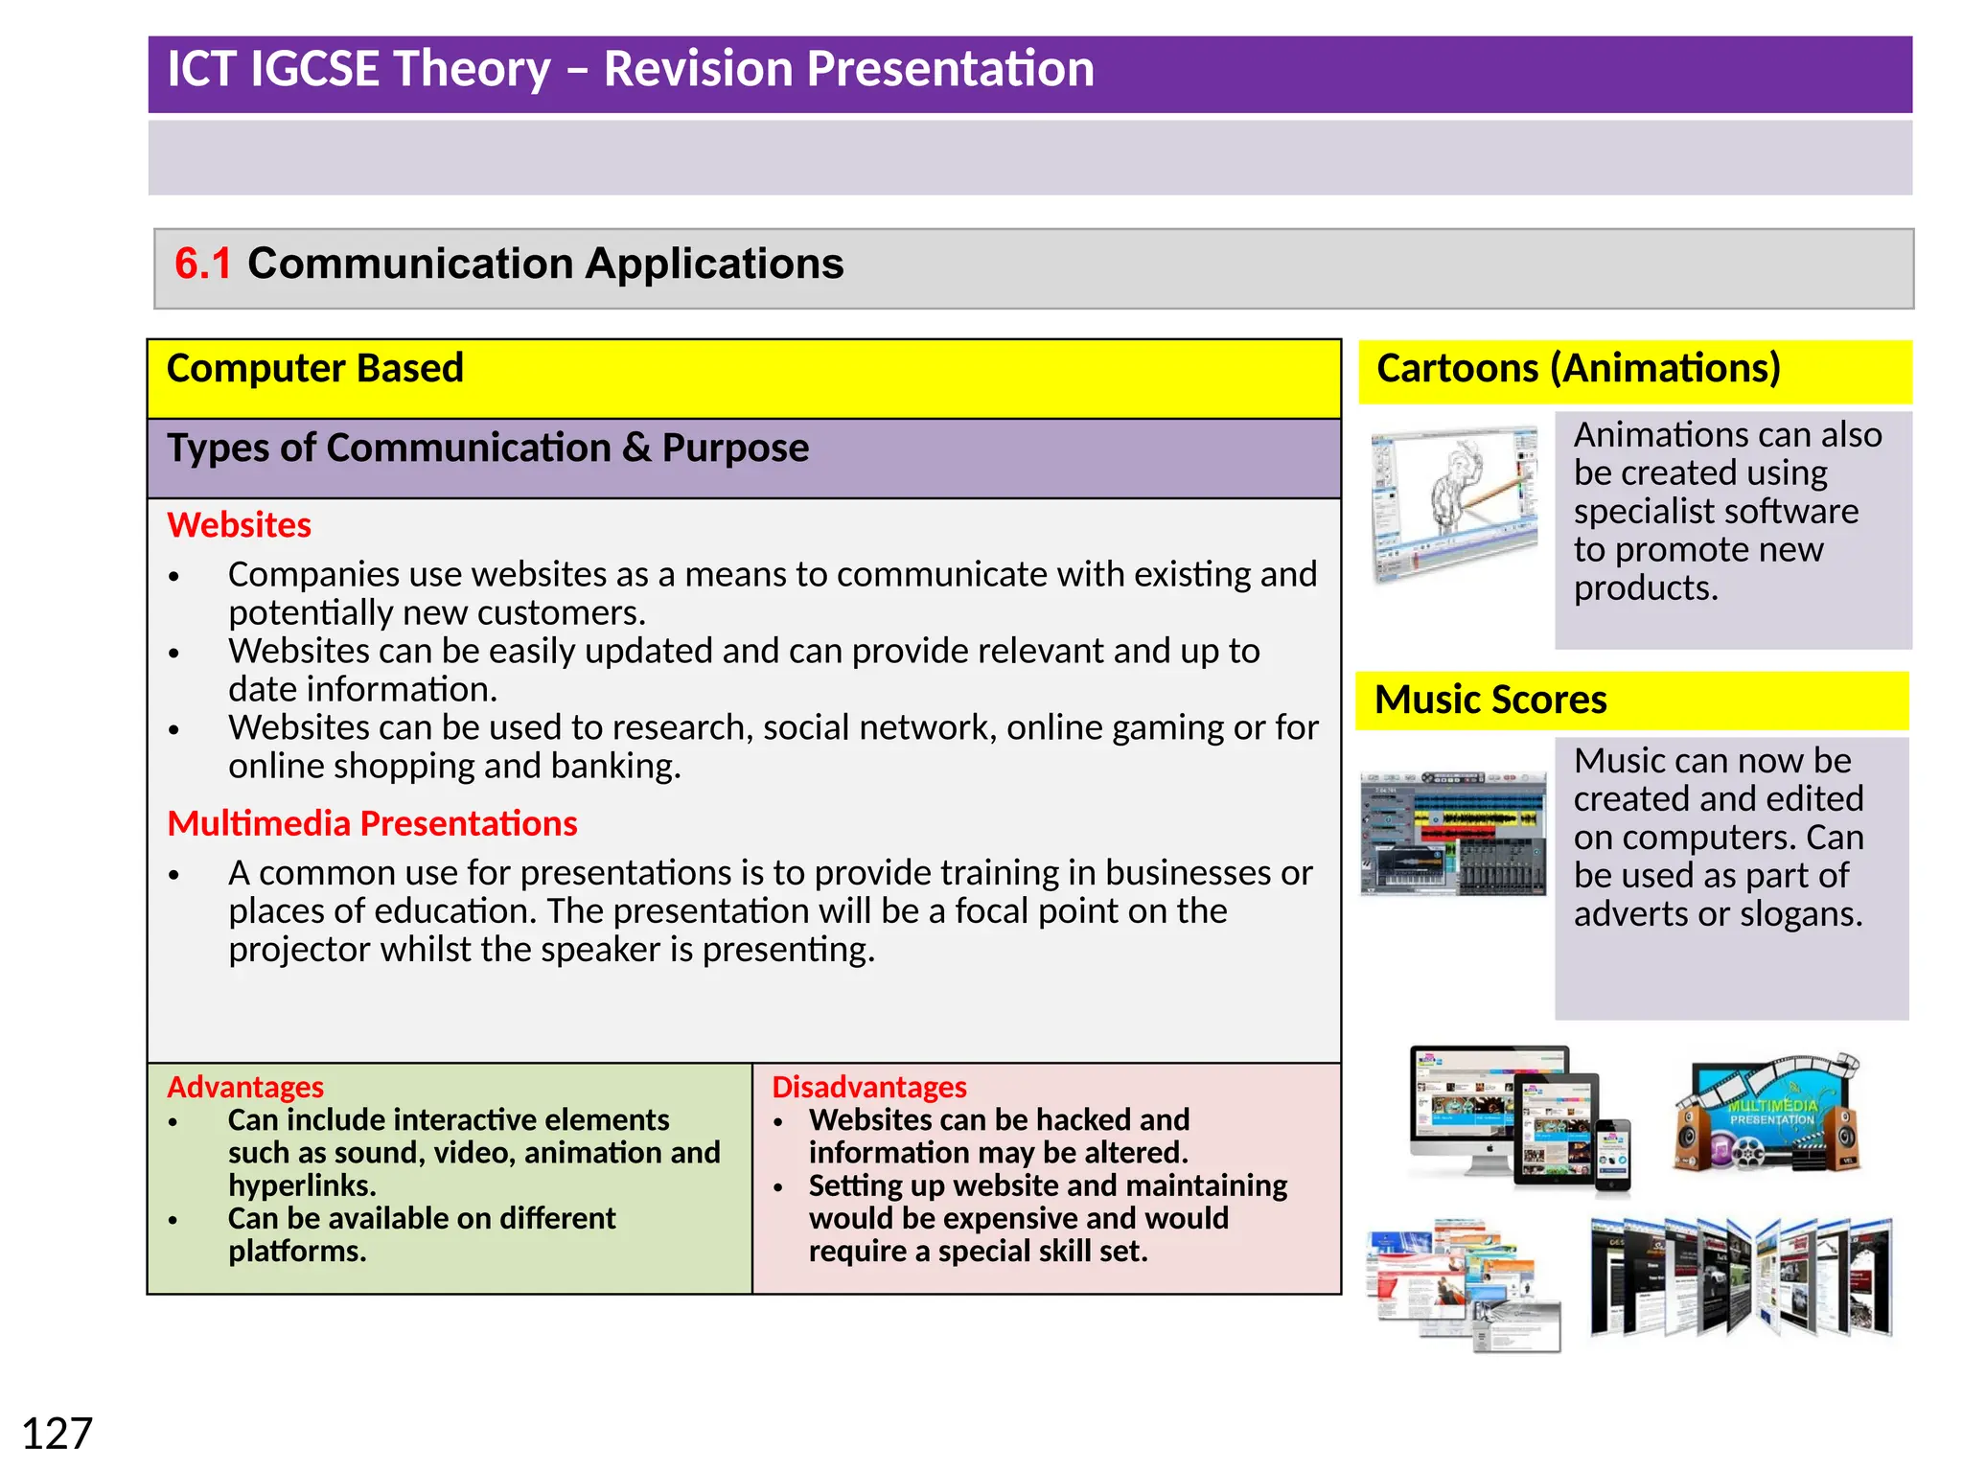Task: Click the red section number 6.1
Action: [202, 264]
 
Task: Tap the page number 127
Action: [57, 1434]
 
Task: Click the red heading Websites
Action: [239, 525]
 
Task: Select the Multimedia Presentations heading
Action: [372, 823]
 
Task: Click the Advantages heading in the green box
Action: [245, 1087]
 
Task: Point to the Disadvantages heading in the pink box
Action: [868, 1087]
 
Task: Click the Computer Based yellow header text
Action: [314, 368]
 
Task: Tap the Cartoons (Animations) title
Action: [1578, 368]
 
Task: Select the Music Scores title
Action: [1490, 700]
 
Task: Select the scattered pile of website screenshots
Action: [1463, 1284]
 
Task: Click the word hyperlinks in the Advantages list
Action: [301, 1185]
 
